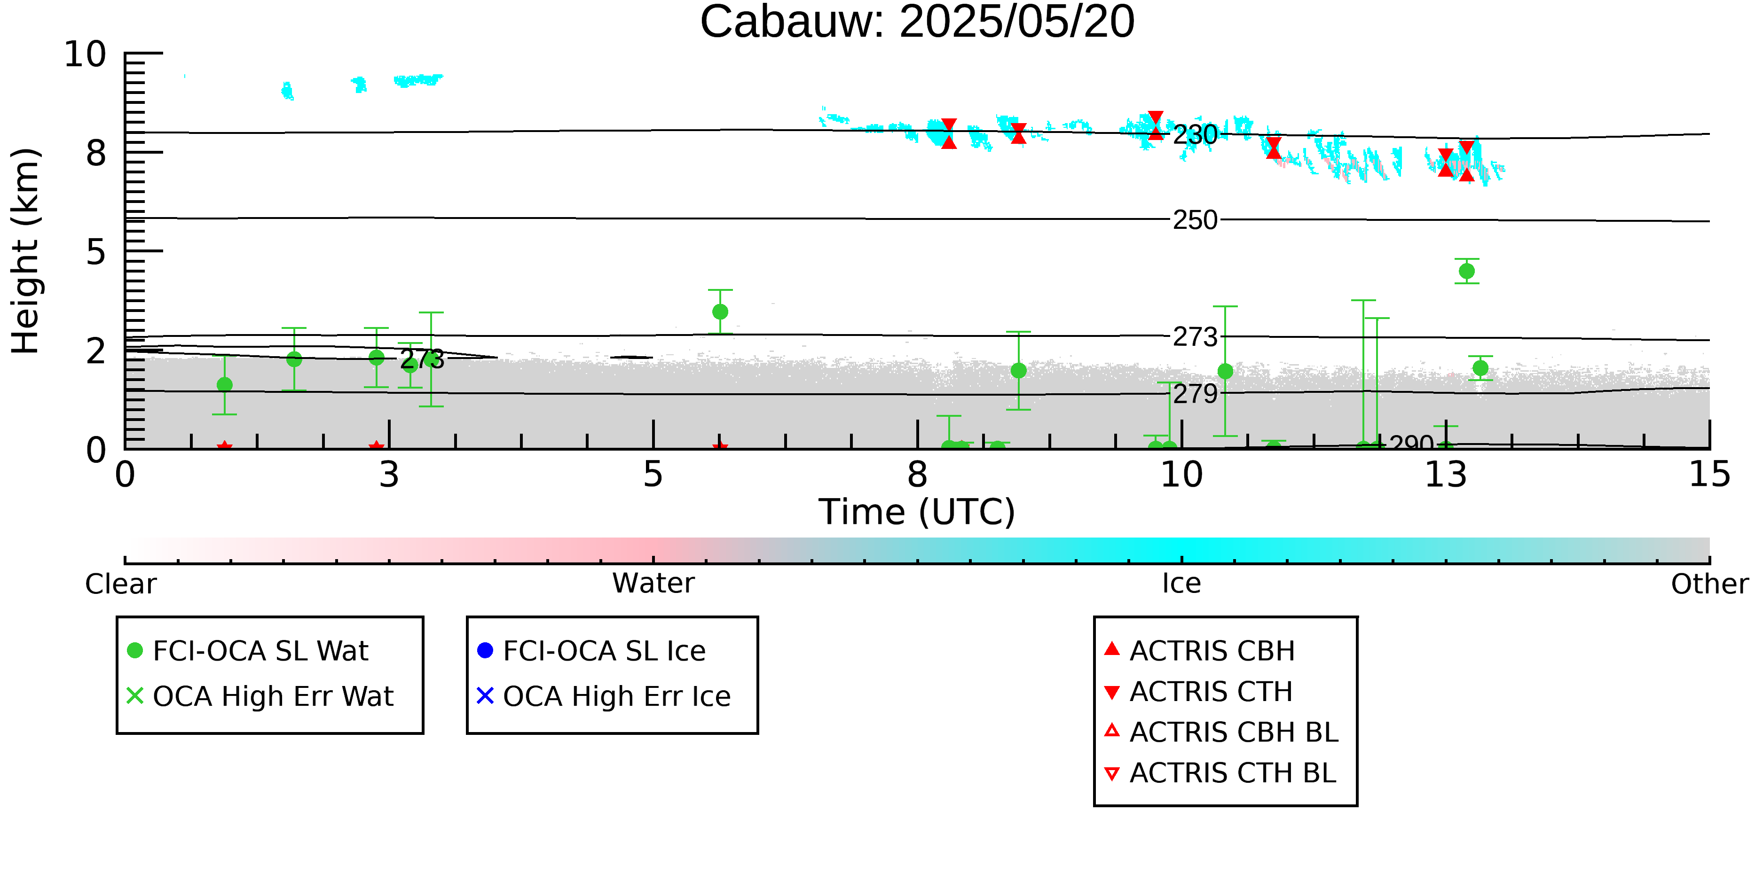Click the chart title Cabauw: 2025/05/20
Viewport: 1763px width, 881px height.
point(917,22)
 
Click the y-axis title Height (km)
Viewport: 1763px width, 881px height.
point(26,251)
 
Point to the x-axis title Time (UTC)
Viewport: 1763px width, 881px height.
point(917,512)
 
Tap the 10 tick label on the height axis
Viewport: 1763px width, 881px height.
point(86,54)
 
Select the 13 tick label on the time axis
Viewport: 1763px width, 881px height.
point(1446,475)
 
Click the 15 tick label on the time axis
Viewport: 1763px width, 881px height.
point(1709,475)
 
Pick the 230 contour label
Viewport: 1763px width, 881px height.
point(1195,135)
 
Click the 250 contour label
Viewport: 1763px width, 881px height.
point(1195,220)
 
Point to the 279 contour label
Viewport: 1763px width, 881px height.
point(1195,394)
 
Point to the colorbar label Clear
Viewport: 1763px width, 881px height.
point(120,584)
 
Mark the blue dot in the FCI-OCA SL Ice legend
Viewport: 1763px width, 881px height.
point(485,650)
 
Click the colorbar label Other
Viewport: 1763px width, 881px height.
point(1709,584)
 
